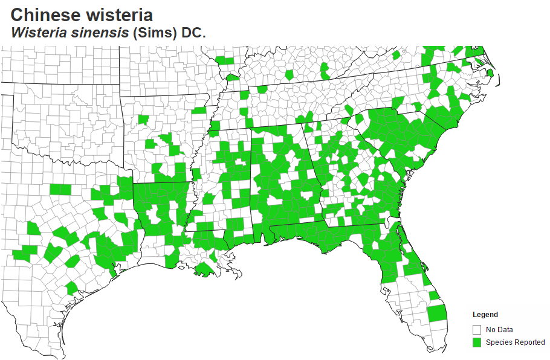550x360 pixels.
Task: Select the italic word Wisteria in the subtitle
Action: click(40, 33)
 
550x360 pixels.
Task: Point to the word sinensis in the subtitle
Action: click(100, 33)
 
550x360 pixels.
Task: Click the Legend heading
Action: click(485, 315)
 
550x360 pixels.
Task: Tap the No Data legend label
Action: click(499, 330)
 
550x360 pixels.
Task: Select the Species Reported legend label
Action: click(515, 342)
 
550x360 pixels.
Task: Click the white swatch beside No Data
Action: click(477, 330)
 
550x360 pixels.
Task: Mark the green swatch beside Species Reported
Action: click(477, 342)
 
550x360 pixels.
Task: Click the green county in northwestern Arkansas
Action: click(143, 119)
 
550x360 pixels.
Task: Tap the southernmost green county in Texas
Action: click(71, 288)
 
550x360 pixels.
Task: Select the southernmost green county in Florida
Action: click(436, 313)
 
